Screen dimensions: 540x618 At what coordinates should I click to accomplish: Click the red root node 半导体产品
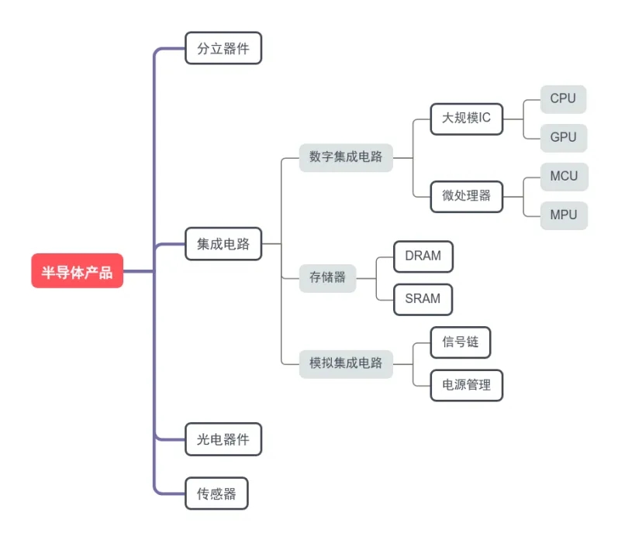click(77, 271)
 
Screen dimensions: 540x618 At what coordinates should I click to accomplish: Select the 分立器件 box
click(223, 48)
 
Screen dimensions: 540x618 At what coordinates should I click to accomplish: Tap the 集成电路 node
click(223, 244)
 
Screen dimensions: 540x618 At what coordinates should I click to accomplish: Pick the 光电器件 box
click(223, 439)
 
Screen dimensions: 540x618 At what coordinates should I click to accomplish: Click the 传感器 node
click(216, 493)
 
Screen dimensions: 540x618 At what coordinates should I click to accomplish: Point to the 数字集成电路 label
click(346, 156)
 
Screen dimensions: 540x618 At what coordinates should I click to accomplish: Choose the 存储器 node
click(327, 277)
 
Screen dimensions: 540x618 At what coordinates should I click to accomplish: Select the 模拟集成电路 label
click(346, 363)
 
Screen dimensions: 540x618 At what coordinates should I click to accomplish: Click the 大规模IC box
click(466, 119)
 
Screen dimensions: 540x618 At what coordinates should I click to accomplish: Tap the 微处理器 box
click(466, 195)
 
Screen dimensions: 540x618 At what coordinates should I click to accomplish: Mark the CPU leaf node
click(563, 98)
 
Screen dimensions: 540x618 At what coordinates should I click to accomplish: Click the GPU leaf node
click(563, 137)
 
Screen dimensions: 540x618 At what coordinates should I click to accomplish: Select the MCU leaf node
click(564, 176)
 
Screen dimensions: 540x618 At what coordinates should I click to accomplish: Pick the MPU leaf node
click(564, 215)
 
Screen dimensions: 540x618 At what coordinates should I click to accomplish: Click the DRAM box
click(423, 256)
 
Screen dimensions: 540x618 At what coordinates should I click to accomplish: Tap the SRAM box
click(423, 298)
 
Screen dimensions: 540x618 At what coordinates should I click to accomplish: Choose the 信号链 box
click(461, 342)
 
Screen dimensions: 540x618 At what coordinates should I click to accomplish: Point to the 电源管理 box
click(466, 384)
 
